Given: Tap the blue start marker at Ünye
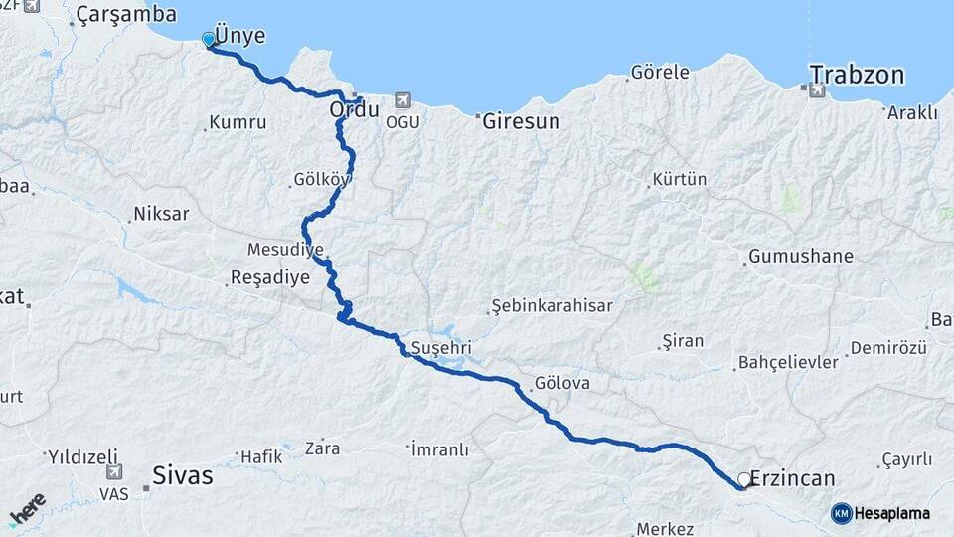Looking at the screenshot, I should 209,39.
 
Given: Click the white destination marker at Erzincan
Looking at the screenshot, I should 743,479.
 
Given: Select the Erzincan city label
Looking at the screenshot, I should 792,478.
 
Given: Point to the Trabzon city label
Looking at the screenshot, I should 857,75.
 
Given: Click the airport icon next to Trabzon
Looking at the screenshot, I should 817,90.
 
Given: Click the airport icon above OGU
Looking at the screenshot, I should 401,100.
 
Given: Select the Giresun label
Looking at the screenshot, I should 521,121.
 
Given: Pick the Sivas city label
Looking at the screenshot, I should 183,476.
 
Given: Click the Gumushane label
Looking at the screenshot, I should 800,256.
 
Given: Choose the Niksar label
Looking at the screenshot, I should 160,214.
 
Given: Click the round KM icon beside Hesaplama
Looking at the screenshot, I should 842,513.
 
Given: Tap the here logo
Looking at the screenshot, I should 27,510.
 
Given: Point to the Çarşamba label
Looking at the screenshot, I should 126,15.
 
